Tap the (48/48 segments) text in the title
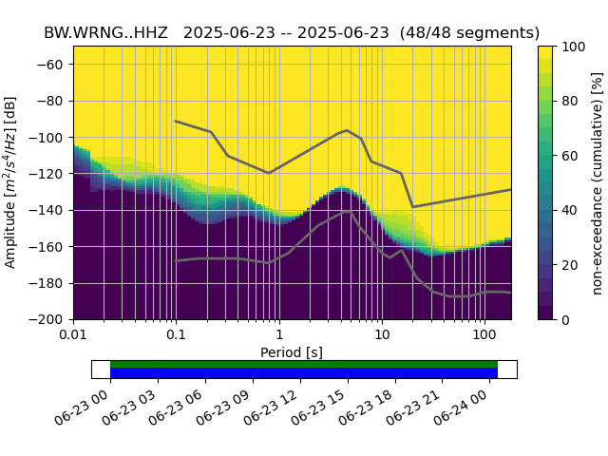pyautogui.click(x=470, y=33)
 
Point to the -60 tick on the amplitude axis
pyautogui.click(x=53, y=65)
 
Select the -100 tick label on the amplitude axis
pyautogui.click(x=50, y=138)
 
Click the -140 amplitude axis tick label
pyautogui.click(x=50, y=210)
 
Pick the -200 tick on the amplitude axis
pyautogui.click(x=50, y=320)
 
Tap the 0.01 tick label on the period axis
pyautogui.click(x=73, y=335)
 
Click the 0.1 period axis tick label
pyautogui.click(x=176, y=335)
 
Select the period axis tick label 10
pyautogui.click(x=381, y=335)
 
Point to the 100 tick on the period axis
pyautogui.click(x=484, y=335)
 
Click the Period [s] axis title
pyautogui.click(x=292, y=352)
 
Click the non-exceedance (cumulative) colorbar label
pyautogui.click(x=597, y=182)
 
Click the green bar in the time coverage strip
pyautogui.click(x=304, y=364)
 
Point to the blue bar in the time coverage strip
pyautogui.click(x=304, y=373)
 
